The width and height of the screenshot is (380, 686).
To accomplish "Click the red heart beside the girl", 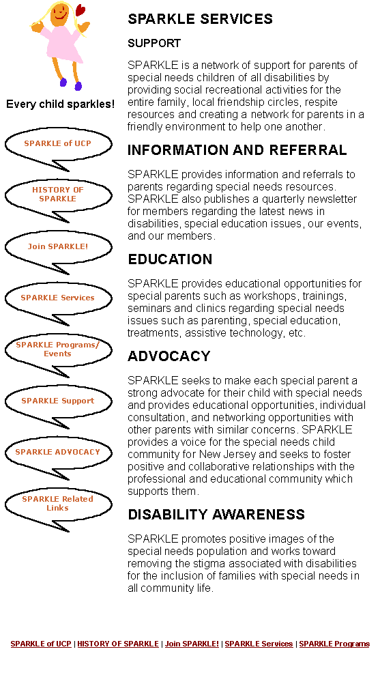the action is click(x=80, y=10).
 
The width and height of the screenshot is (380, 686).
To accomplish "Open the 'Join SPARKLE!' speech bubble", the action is click(x=58, y=247).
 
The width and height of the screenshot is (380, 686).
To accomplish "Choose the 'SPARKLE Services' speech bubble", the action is click(x=58, y=298).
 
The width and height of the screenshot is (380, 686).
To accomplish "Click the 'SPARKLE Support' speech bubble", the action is click(x=58, y=401).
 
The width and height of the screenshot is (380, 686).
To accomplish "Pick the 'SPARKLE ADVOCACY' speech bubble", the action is click(x=58, y=453).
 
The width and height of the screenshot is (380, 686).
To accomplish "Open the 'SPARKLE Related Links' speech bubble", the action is click(x=58, y=504).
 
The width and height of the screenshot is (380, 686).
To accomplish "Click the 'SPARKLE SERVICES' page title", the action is click(x=201, y=19).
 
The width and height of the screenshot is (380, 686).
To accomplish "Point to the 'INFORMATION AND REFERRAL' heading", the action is click(x=237, y=150).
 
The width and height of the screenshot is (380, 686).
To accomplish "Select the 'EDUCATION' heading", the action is click(x=170, y=259).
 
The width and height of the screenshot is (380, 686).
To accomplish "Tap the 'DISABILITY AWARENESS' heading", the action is click(x=216, y=515).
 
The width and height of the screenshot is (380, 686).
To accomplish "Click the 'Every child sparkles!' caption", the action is click(x=60, y=104).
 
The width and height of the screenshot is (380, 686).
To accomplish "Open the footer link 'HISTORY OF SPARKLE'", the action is click(x=118, y=644).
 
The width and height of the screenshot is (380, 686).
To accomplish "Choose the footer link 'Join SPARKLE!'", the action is click(x=192, y=644).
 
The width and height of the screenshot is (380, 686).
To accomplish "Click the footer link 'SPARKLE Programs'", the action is click(x=334, y=644).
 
